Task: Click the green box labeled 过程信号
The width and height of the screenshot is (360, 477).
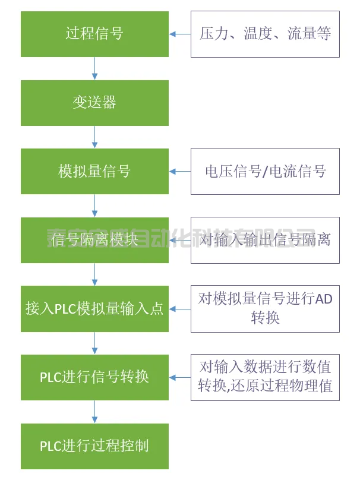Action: [94, 34]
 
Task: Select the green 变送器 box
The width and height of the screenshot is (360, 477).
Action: [94, 103]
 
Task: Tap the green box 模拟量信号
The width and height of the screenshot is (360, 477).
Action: [94, 172]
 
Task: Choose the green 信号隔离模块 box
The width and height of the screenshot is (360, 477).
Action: [94, 240]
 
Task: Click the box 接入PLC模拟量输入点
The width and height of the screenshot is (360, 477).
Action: [94, 309]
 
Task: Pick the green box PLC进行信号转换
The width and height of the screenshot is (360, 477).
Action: [94, 377]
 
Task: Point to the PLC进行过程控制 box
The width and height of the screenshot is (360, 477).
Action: [94, 446]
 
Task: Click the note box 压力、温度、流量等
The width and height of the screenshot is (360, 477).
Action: [265, 34]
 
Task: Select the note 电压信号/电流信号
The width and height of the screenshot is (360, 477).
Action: [265, 172]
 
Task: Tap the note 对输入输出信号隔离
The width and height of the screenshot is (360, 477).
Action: [265, 240]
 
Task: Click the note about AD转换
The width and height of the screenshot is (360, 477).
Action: [265, 309]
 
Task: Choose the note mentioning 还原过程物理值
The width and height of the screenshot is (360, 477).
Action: [265, 377]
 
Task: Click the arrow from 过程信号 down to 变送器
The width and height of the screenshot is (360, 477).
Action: [94, 68]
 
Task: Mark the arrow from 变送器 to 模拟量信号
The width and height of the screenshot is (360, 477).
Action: [94, 137]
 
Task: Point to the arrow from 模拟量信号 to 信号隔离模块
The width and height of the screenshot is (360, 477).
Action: [94, 206]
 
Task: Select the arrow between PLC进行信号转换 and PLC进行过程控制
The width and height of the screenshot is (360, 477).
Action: [94, 412]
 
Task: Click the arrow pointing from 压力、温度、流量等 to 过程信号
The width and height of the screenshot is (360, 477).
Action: [179, 34]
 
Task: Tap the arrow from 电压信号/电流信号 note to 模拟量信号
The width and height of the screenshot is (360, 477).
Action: [179, 172]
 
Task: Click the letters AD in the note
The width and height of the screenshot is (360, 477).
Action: [323, 299]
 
